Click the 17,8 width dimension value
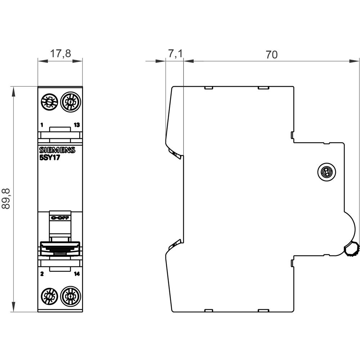coord(60,54)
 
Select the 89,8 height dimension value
coord(6,198)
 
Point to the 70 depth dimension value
coord(272,55)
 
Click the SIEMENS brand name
coord(57,150)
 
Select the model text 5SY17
coord(49,157)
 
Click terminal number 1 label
coord(42,125)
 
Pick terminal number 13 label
coord(77,125)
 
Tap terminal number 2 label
coord(42,274)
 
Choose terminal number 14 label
coord(77,274)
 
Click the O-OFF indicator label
coord(60,218)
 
